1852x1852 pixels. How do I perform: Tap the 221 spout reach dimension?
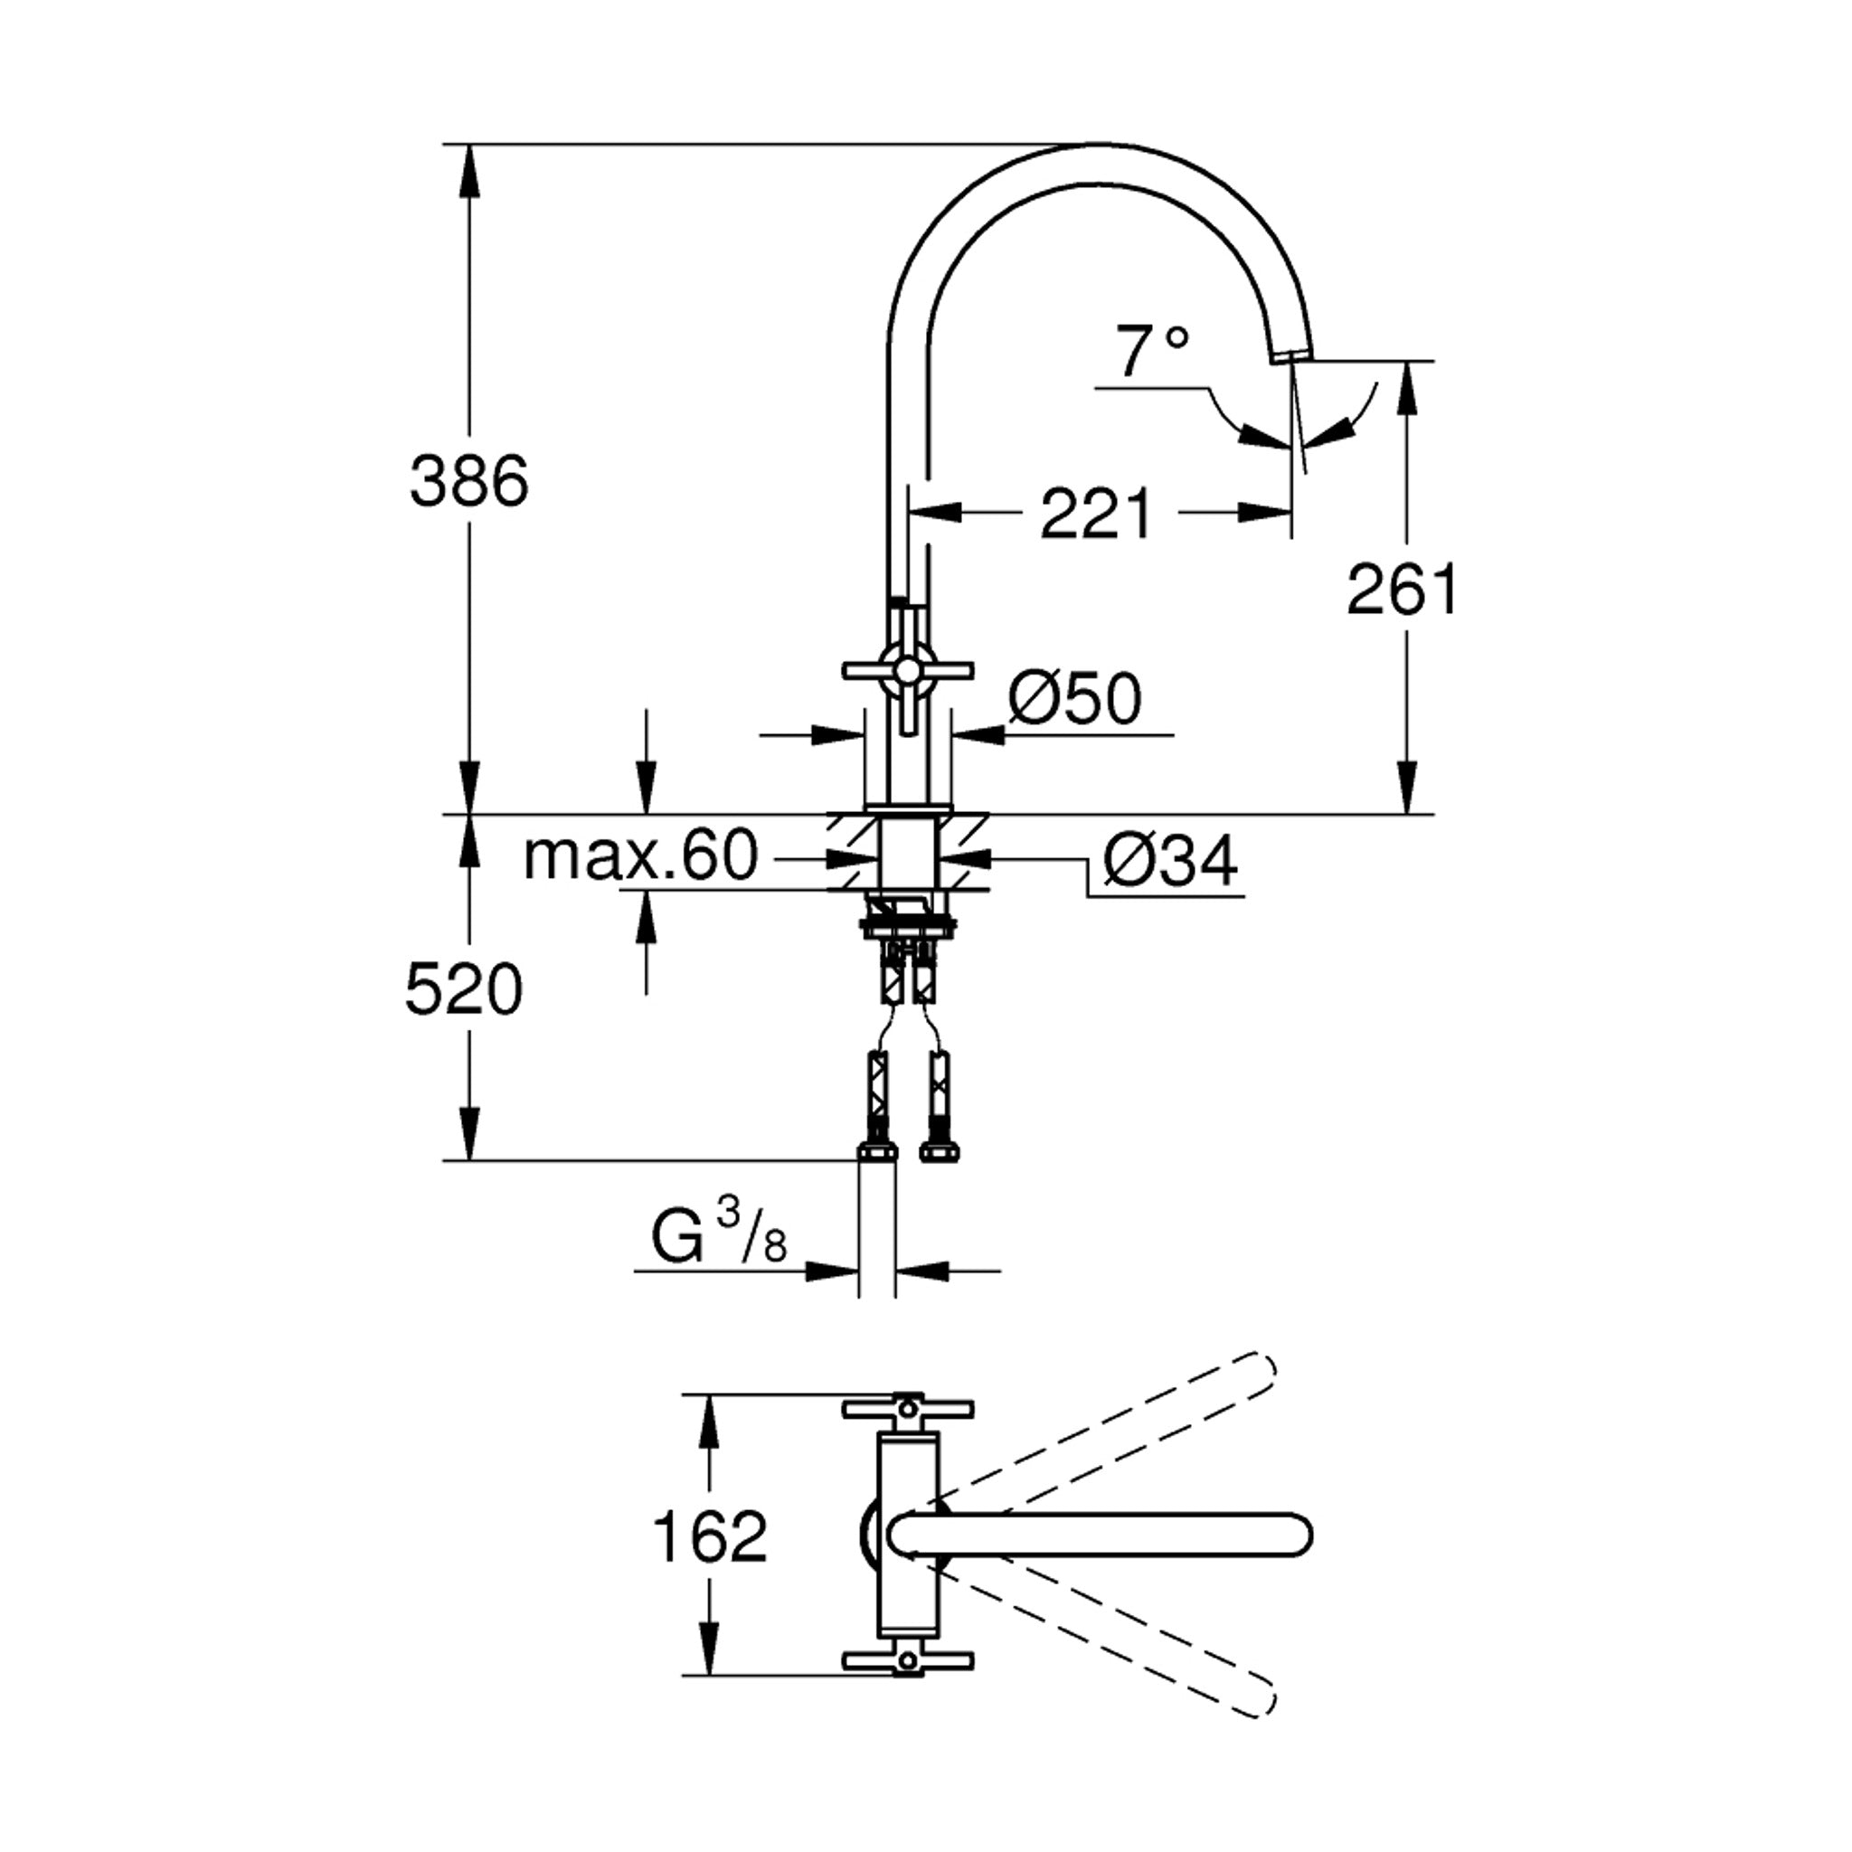coord(1096,514)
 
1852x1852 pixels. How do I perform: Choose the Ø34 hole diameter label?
coord(1170,860)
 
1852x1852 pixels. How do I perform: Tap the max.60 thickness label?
coord(640,855)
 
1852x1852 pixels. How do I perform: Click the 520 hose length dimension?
coord(464,989)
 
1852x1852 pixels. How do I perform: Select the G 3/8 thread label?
coord(719,1233)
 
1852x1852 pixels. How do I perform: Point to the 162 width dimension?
coord(709,1536)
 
